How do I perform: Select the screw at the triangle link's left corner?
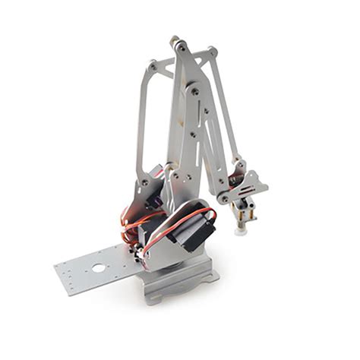[154, 67]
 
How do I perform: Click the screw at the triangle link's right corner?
[212, 52]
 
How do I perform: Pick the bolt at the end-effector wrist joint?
[225, 199]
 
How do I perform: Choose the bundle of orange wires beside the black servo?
[134, 228]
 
